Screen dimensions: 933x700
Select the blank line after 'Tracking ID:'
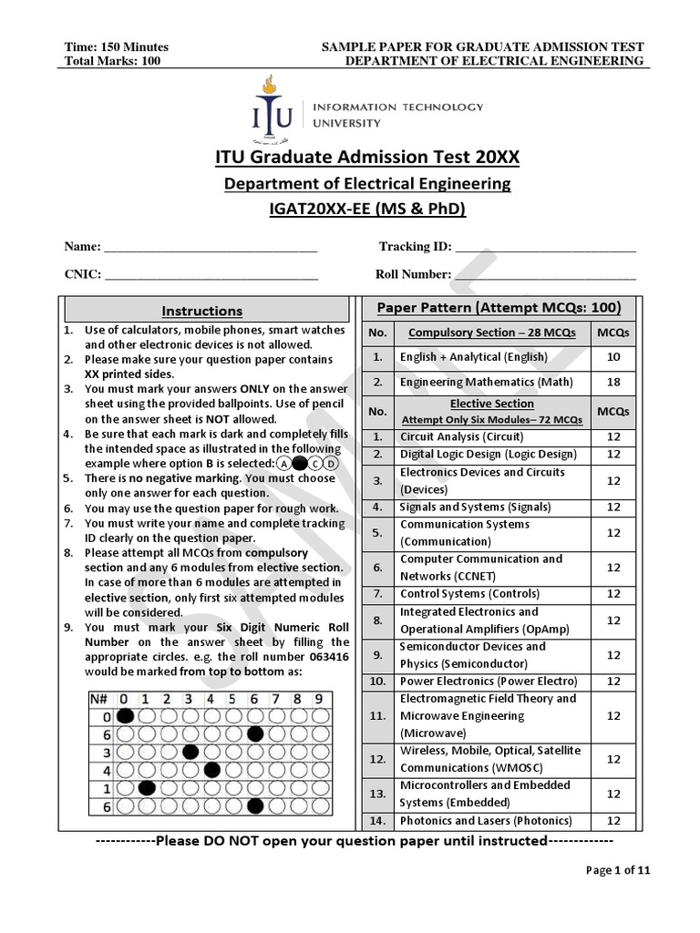tap(544, 248)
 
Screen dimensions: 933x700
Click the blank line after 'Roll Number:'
tap(545, 274)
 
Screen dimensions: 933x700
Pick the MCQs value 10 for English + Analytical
tap(613, 357)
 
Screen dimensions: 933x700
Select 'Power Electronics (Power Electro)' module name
tap(489, 681)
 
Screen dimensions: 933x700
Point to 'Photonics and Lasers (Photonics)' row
tap(486, 821)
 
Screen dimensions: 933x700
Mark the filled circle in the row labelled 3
tap(190, 752)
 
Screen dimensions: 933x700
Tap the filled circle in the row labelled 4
tap(212, 770)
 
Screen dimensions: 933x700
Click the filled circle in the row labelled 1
tap(146, 788)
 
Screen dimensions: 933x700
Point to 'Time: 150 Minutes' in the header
tap(117, 47)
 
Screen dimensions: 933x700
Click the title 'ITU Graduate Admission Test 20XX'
tap(366, 158)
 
